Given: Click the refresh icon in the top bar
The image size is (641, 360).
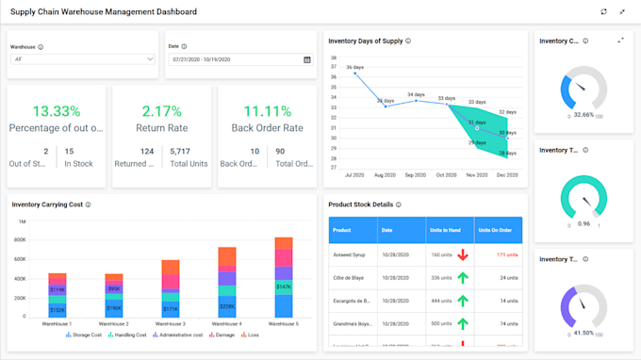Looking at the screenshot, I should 604,12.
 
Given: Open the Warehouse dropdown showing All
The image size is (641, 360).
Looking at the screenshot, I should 83,59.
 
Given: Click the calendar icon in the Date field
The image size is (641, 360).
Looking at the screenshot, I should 307,59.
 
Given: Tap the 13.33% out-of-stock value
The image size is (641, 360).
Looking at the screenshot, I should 56,111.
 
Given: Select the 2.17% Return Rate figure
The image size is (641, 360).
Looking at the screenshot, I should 161,111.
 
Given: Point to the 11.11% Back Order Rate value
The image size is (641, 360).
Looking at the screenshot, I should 267,111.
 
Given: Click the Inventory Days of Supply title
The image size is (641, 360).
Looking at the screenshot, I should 365,41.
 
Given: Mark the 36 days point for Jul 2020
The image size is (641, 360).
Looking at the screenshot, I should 355,74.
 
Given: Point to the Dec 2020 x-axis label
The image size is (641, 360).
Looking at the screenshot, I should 507,175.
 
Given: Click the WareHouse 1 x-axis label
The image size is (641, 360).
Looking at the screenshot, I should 58,323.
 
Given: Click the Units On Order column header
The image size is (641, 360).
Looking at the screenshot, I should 496,229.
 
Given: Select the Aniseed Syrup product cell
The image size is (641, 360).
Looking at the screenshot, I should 351,254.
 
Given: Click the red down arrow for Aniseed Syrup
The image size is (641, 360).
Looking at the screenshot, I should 463,254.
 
